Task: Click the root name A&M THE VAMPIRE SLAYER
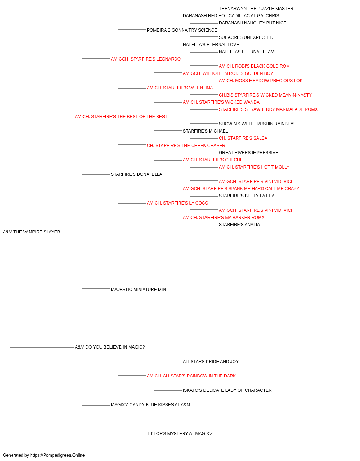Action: pyautogui.click(x=31, y=232)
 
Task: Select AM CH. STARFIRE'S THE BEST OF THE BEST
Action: pyautogui.click(x=121, y=117)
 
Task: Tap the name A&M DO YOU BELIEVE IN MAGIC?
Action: pyautogui.click(x=110, y=347)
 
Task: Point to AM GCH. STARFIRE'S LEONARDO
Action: pyautogui.click(x=146, y=59)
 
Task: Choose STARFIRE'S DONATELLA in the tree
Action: pyautogui.click(x=136, y=174)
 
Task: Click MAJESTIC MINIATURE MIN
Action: pyautogui.click(x=138, y=290)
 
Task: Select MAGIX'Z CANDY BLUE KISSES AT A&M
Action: pyautogui.click(x=150, y=405)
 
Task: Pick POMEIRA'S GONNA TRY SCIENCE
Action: pyautogui.click(x=182, y=30)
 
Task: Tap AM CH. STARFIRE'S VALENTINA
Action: pyautogui.click(x=180, y=88)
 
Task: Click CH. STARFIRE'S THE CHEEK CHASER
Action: pyautogui.click(x=186, y=146)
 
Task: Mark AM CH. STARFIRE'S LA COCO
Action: pyautogui.click(x=177, y=203)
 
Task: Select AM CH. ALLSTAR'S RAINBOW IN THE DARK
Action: pyautogui.click(x=191, y=376)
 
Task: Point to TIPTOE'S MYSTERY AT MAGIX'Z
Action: pyautogui.click(x=180, y=434)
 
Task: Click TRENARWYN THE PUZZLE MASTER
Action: pyautogui.click(x=256, y=9)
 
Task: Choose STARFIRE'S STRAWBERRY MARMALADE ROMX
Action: pyautogui.click(x=268, y=109)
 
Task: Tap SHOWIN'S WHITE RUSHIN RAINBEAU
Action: pyautogui.click(x=258, y=124)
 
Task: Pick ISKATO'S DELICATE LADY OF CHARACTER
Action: pyautogui.click(x=227, y=390)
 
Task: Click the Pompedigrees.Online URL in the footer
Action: pyautogui.click(x=57, y=455)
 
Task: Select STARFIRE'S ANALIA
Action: pyautogui.click(x=239, y=225)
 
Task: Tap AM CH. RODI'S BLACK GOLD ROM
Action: pyautogui.click(x=254, y=66)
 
